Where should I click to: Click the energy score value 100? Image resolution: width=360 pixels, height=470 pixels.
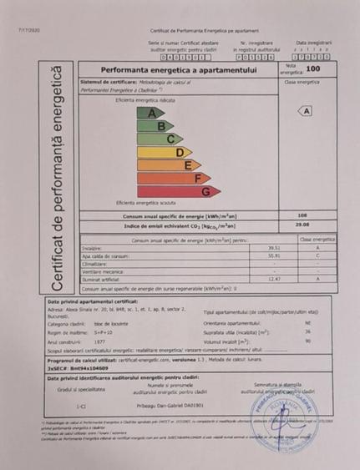[312, 69]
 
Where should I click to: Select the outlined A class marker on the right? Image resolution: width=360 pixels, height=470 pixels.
[307, 110]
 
